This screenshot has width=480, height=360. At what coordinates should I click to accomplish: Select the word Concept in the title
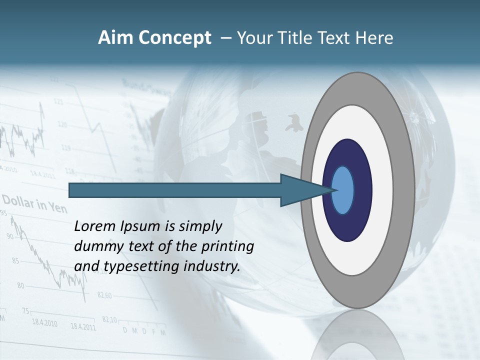tap(175, 38)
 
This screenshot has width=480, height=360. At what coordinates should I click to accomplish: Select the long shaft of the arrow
tap(175, 190)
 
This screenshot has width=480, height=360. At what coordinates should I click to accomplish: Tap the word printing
tap(227, 247)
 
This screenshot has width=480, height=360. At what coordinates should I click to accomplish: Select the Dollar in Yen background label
tap(34, 204)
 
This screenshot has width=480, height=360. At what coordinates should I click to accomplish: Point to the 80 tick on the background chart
tap(20, 286)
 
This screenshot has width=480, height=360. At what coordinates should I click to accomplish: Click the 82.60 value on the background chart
tap(104, 295)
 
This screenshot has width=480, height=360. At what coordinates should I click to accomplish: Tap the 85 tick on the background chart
tap(15, 260)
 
